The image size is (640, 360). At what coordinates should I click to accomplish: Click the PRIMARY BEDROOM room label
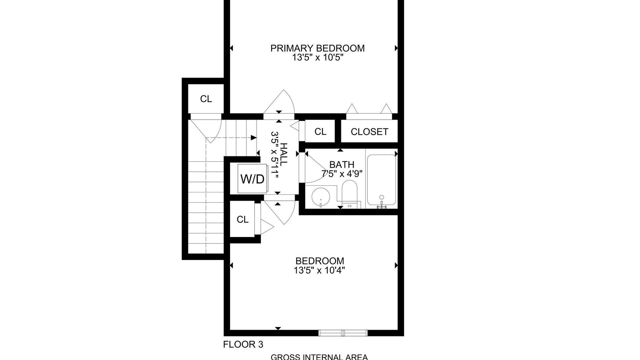[317, 48]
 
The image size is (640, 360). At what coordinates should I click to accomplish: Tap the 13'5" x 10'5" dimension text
[318, 58]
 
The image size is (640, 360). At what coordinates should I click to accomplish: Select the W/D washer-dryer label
[252, 179]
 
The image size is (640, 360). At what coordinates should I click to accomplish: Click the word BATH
[342, 165]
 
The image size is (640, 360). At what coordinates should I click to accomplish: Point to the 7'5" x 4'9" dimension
[342, 174]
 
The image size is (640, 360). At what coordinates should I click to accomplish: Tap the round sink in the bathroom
[320, 197]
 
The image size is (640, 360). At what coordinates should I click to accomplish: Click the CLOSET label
[369, 132]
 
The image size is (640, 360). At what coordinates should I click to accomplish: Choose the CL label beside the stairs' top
[206, 99]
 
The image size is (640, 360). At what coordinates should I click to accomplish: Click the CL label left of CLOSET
[320, 132]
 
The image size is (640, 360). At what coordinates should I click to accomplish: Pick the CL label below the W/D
[243, 219]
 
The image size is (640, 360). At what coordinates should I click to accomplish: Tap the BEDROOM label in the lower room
[320, 261]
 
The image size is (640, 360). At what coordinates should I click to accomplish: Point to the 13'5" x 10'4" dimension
[319, 270]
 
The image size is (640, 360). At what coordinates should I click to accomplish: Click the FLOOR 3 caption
[243, 344]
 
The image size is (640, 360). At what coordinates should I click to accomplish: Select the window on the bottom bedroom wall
[343, 333]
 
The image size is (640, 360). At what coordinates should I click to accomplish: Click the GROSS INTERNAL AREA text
[319, 357]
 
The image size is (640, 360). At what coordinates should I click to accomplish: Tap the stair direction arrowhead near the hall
[254, 138]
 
